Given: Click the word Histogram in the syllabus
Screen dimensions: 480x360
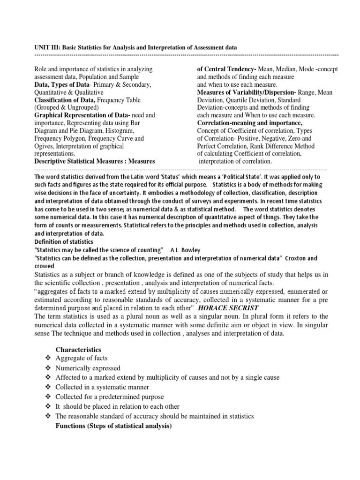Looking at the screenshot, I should [121, 131].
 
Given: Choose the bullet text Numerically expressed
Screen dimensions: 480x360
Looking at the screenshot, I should [88, 368].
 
